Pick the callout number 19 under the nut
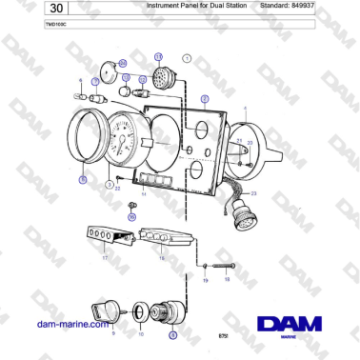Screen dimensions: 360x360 click(x=205, y=281)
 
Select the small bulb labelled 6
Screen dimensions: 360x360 click(x=92, y=97)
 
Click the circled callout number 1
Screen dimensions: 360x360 click(x=188, y=59)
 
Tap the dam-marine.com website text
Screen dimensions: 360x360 click(x=70, y=324)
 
